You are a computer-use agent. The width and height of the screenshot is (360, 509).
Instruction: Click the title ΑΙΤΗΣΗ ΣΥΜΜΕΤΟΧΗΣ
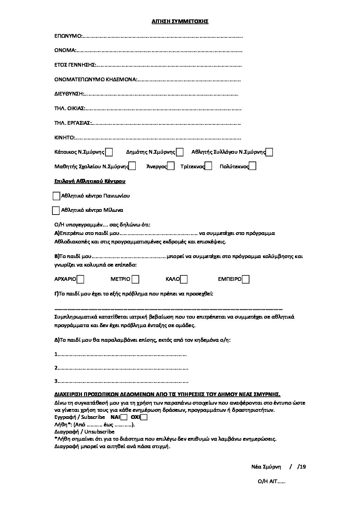[180, 21]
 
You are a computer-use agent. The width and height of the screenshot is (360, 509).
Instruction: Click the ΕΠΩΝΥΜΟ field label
[68, 36]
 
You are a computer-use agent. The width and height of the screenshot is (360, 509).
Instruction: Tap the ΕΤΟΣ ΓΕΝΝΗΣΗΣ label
[75, 65]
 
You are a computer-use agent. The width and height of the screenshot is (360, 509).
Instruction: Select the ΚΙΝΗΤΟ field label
[64, 138]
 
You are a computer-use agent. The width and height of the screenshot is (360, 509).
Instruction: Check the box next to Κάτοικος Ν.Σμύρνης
[109, 152]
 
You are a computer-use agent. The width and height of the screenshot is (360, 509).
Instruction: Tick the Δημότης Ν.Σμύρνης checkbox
[180, 152]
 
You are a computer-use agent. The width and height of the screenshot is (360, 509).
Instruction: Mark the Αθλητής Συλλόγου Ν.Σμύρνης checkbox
[269, 152]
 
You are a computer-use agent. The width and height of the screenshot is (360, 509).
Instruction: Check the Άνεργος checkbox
[171, 166]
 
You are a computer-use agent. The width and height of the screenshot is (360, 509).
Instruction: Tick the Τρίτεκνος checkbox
[209, 166]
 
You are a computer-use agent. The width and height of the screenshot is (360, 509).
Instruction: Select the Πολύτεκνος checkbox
[252, 166]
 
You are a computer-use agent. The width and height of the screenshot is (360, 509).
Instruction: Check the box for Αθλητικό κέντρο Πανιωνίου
[56, 196]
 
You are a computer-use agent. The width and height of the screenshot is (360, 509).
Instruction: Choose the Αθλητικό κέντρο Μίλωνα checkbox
[56, 210]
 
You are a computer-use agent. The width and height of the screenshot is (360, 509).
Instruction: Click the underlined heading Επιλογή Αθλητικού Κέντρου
[90, 181]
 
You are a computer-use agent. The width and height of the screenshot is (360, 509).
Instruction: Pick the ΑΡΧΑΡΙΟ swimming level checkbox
[81, 279]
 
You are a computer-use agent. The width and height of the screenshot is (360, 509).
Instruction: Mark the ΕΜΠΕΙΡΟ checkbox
[246, 279]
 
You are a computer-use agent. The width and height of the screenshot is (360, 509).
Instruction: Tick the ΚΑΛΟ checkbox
[184, 279]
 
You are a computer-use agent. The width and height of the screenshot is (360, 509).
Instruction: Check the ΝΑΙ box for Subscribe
[124, 417]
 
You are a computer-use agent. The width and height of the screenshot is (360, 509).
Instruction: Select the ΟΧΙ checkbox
[144, 417]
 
